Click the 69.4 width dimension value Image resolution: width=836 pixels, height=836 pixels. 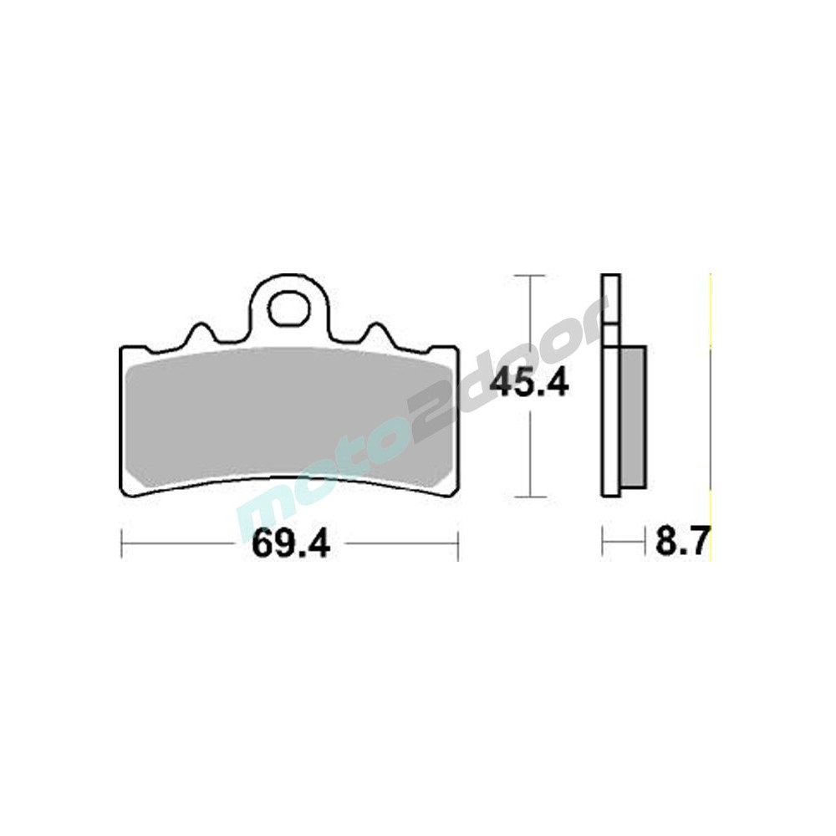pyautogui.click(x=291, y=543)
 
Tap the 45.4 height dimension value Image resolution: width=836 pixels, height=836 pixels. pyautogui.click(x=529, y=384)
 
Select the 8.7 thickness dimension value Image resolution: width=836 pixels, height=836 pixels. pyautogui.click(x=682, y=542)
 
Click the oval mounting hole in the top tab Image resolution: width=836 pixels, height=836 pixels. pyautogui.click(x=289, y=308)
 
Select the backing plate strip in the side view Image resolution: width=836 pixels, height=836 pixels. pyautogui.click(x=611, y=386)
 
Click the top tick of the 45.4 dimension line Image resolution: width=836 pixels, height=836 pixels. pyautogui.click(x=529, y=276)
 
